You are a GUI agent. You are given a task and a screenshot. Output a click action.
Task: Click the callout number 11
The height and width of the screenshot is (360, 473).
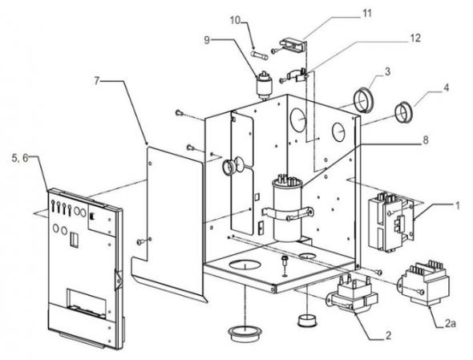[x=366, y=14]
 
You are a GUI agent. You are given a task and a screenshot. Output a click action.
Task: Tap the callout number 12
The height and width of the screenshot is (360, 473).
[x=414, y=38]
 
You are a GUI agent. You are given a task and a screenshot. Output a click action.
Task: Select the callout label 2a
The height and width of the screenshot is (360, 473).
[x=450, y=323]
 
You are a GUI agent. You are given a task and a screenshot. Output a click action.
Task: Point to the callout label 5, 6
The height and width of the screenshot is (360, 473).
[x=20, y=158]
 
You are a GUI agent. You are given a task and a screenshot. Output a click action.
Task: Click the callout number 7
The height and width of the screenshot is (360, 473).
[x=96, y=80]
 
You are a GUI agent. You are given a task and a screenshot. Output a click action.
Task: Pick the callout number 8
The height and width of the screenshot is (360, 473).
[x=426, y=140]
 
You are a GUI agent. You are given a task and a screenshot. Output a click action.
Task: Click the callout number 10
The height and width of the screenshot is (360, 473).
[x=235, y=20]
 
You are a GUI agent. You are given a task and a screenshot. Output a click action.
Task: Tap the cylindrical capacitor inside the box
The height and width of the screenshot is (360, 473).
[x=287, y=208]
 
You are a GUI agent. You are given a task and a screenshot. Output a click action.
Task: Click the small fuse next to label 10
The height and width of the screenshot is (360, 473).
[x=259, y=55]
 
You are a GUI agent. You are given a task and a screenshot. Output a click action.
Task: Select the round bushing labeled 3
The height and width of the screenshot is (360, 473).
[x=364, y=100]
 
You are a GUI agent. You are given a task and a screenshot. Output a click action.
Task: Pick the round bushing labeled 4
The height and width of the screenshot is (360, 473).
[x=403, y=112]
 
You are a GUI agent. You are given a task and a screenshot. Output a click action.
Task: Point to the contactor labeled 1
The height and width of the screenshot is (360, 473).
[x=391, y=221]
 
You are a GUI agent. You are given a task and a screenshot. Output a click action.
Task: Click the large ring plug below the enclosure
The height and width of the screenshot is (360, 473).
[x=245, y=333]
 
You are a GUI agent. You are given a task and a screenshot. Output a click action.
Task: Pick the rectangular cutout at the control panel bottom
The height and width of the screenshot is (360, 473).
[x=86, y=302]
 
